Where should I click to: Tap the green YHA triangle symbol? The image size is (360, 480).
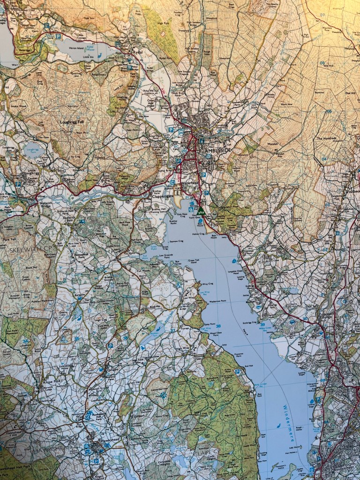pyautogui.click(x=201, y=211)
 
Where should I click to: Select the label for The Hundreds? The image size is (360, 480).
pyautogui.click(x=326, y=139)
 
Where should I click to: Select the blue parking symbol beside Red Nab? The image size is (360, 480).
pyautogui.click(x=238, y=372)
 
